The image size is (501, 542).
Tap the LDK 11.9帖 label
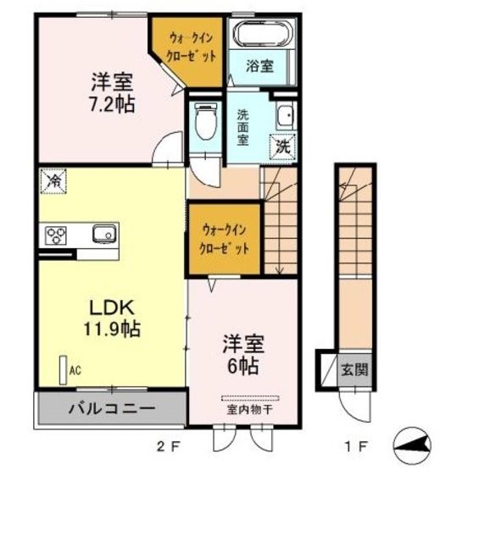110,317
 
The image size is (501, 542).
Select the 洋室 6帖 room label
243,355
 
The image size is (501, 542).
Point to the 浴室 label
260,66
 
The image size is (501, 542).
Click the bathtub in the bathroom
263,34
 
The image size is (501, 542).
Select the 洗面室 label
242,127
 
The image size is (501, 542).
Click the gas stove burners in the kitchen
56,235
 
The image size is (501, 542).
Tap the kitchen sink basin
103,234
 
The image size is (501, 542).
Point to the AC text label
75,369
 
